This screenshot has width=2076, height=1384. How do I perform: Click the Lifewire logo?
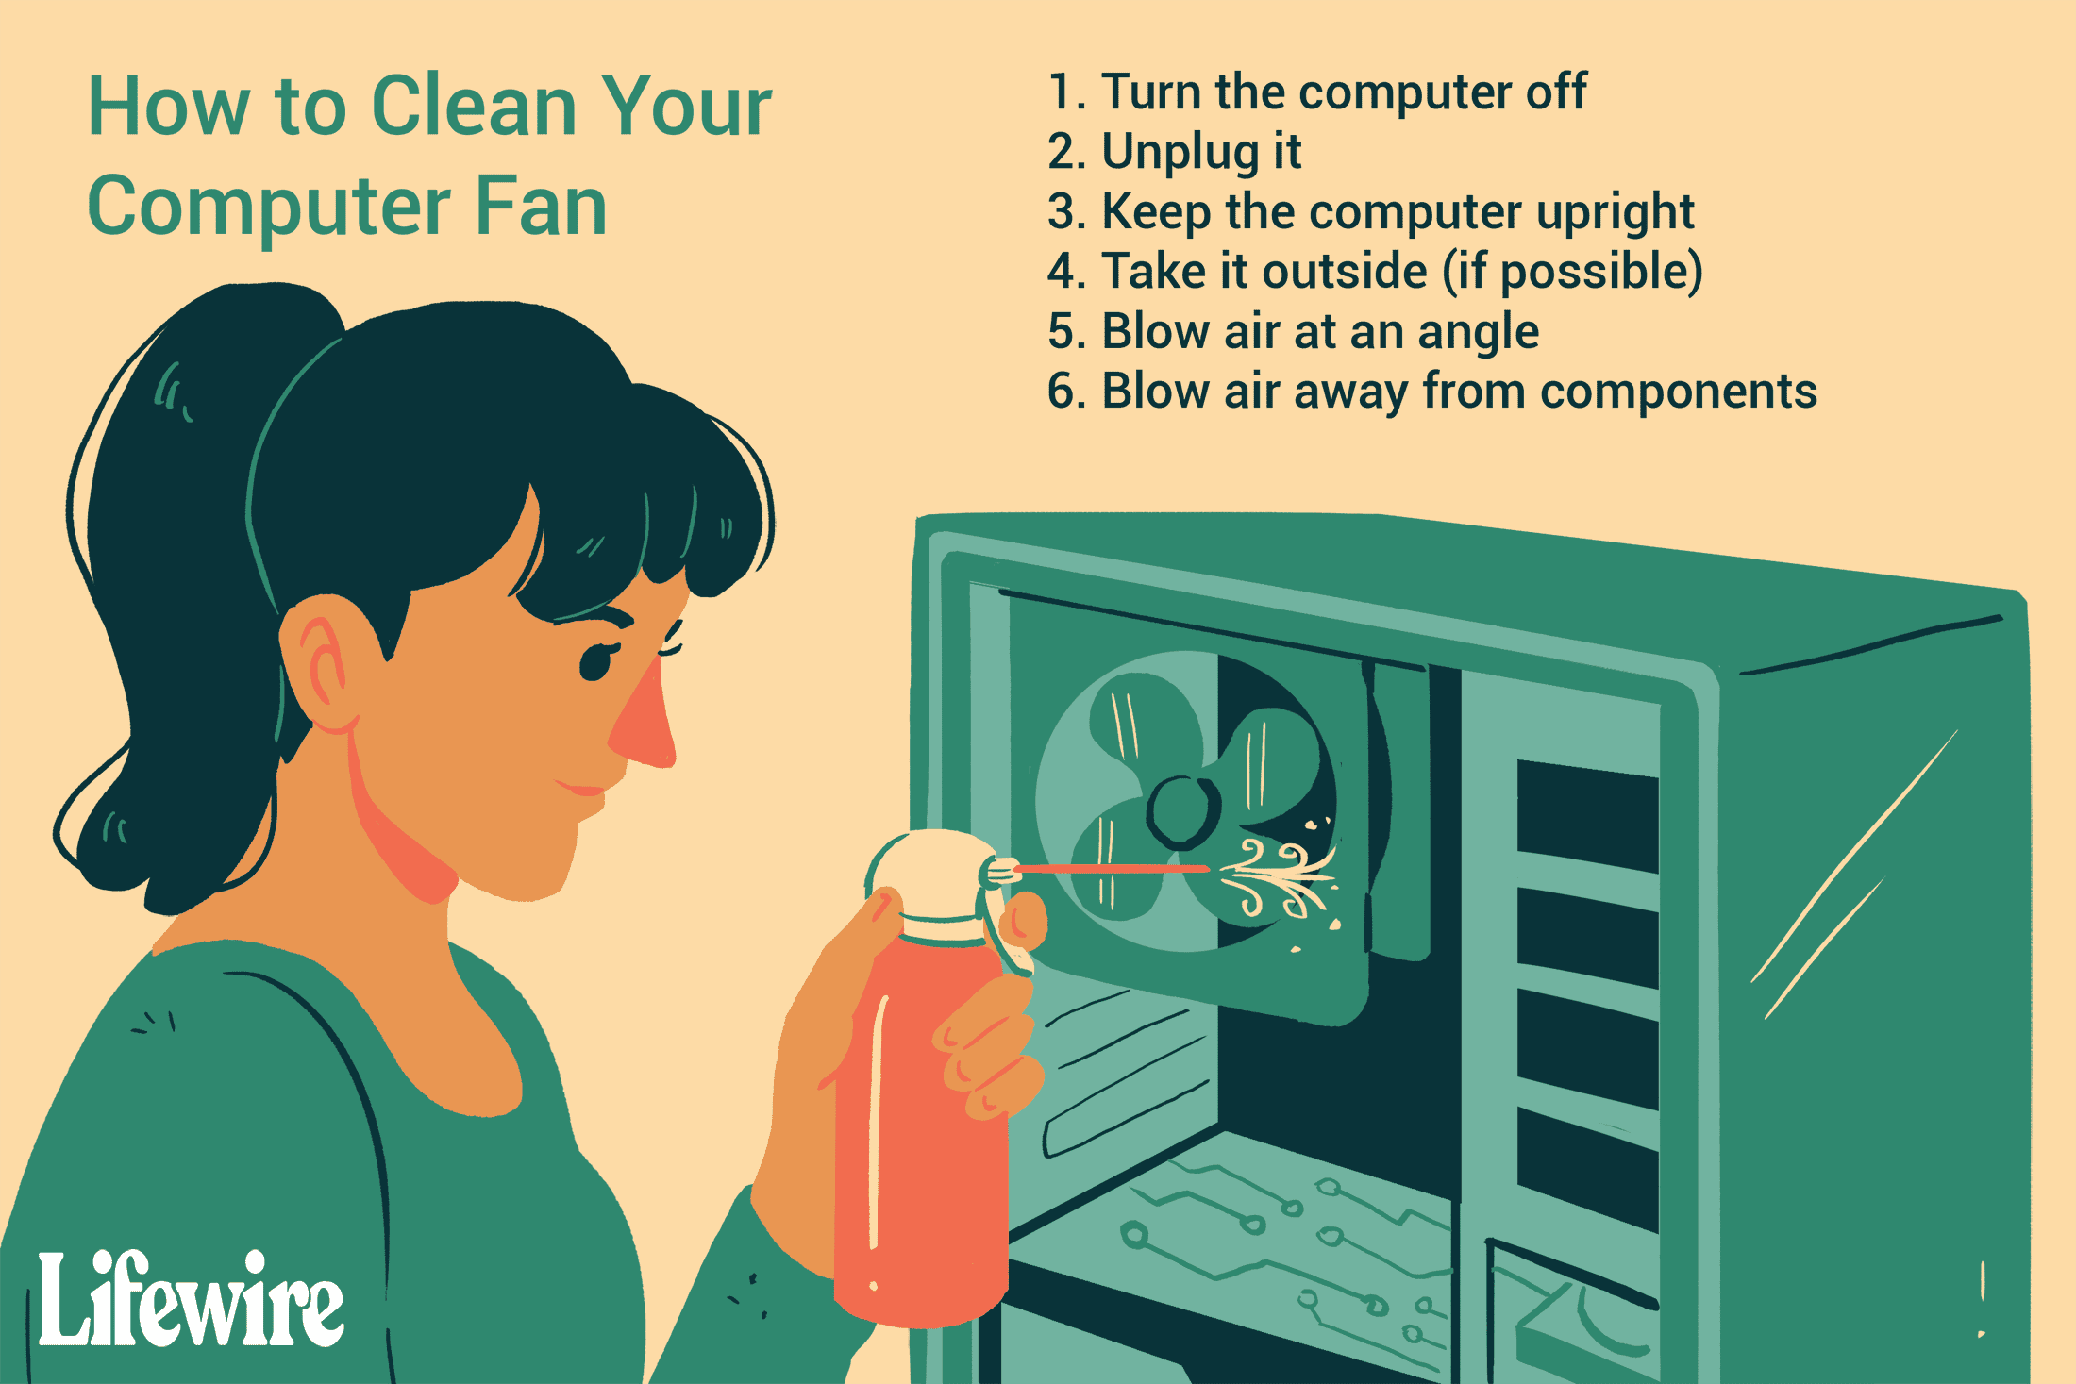click(x=192, y=1299)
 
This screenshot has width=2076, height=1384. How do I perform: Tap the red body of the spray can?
click(x=920, y=1123)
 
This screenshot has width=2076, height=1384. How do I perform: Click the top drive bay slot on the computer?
click(x=1587, y=816)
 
